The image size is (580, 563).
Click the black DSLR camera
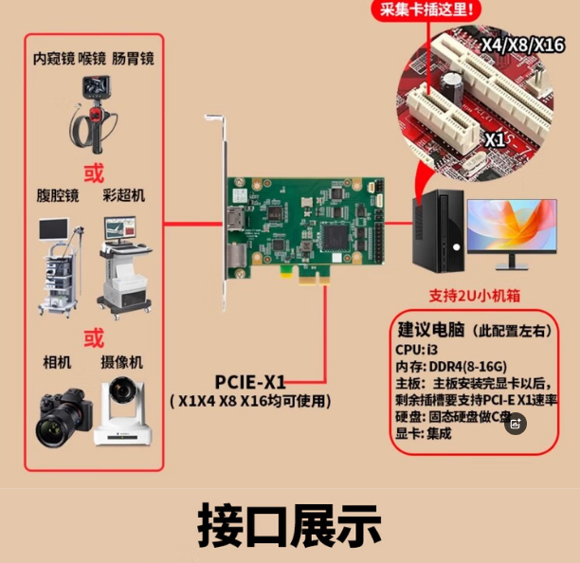coord(63,418)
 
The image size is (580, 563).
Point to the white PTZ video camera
coord(122,411)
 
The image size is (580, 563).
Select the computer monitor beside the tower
coord(511,231)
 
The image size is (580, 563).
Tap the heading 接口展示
coord(289,525)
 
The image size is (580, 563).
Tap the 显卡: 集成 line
coord(424,434)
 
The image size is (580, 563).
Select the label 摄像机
coord(122,362)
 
